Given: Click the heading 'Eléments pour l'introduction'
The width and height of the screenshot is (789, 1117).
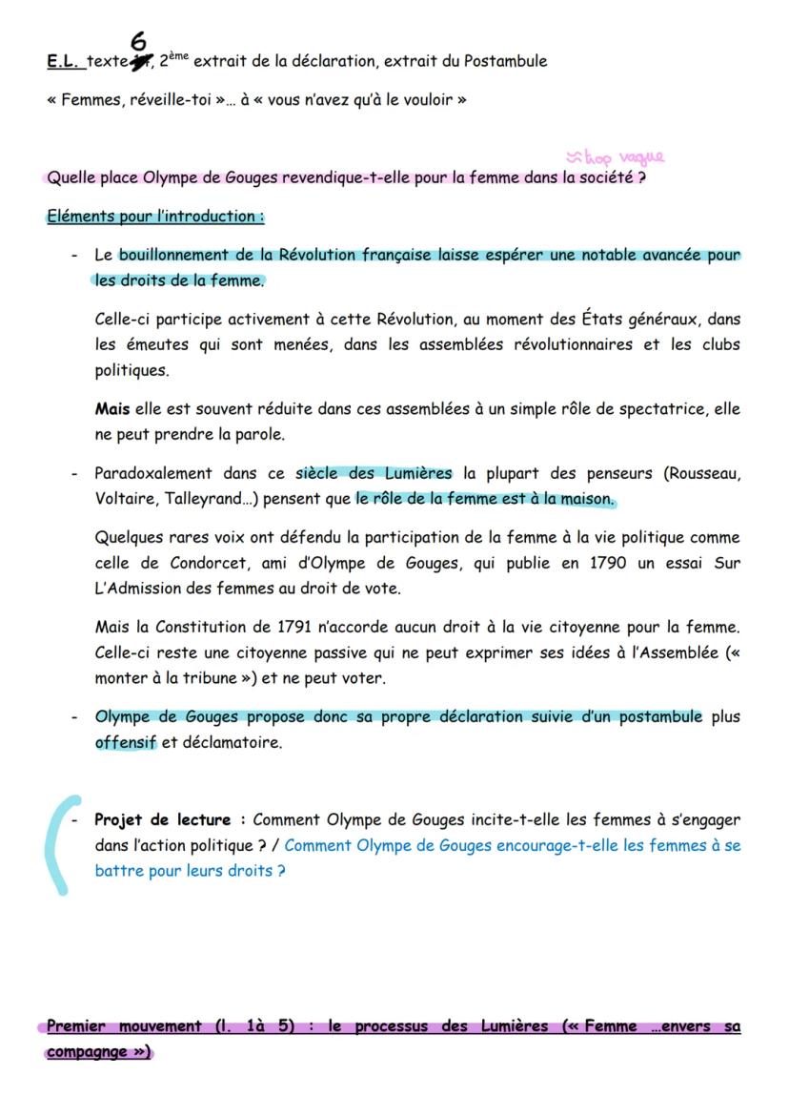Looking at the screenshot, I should (154, 217).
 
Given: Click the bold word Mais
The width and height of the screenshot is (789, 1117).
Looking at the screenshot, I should (111, 409).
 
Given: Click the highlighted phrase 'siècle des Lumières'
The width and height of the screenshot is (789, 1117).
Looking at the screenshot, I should (374, 473).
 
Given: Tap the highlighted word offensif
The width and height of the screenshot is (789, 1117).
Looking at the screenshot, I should (125, 743).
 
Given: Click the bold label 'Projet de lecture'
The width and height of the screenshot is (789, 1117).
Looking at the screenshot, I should (162, 819).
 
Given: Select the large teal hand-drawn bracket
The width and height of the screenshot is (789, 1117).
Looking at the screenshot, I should (57, 845).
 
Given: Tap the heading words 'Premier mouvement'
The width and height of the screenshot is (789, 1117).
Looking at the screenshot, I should (124, 1027).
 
